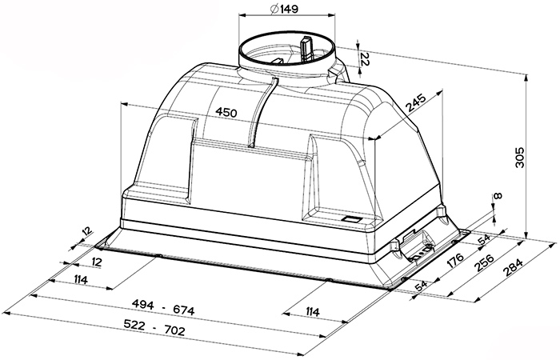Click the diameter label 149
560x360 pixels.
click(284, 10)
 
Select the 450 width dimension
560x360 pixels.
click(226, 113)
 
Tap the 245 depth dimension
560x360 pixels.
click(416, 103)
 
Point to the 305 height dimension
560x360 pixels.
click(520, 157)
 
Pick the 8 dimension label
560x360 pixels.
click(498, 196)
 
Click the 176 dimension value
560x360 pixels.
click(454, 261)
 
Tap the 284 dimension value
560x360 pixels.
click(513, 267)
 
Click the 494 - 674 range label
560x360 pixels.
click(163, 308)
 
